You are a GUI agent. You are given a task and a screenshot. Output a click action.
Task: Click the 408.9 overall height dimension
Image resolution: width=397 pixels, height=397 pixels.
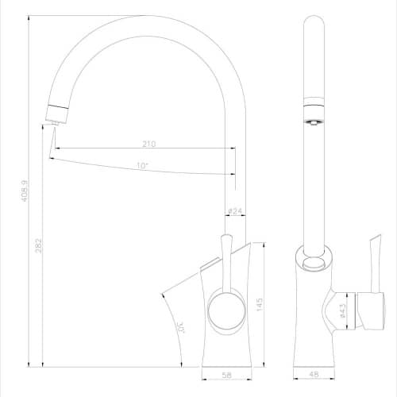(x=25, y=191)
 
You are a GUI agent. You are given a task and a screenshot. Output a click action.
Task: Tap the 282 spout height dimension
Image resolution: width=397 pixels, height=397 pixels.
(x=39, y=245)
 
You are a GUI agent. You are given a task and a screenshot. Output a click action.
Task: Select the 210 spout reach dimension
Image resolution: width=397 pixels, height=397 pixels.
(x=149, y=144)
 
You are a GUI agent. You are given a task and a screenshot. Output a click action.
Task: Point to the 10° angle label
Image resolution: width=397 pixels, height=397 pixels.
(x=142, y=166)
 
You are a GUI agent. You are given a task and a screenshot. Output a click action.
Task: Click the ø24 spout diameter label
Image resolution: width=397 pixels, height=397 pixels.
(x=235, y=211)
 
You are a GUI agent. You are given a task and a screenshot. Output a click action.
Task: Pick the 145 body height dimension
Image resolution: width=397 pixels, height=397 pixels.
(x=260, y=304)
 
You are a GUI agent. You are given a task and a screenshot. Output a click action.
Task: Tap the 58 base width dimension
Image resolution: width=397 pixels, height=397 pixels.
(x=227, y=375)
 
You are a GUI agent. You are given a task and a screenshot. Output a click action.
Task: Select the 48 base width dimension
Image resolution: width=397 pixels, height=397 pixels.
(x=314, y=374)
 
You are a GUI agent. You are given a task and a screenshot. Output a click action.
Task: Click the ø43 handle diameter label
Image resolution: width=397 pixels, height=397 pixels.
(x=342, y=310)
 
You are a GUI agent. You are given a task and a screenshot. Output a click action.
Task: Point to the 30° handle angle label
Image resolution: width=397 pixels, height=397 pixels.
(x=182, y=327)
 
